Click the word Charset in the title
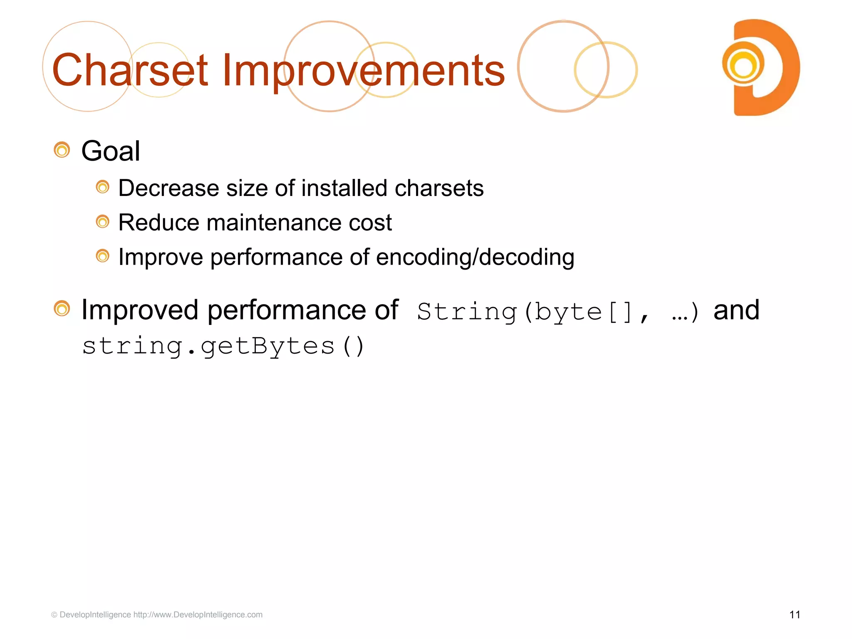[130, 71]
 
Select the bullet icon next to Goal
[62, 150]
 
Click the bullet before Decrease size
[102, 187]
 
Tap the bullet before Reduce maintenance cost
[102, 222]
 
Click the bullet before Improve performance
[102, 256]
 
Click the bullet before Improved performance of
[62, 309]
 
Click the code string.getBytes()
[223, 346]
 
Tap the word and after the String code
[736, 310]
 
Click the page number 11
[795, 615]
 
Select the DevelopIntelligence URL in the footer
[198, 615]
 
